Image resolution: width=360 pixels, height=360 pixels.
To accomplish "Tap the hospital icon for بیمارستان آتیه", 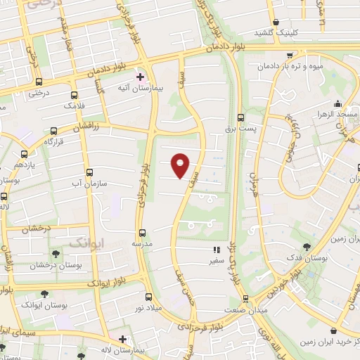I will (x=140, y=77).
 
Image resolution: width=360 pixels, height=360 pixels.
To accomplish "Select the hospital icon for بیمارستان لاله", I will (x=122, y=339).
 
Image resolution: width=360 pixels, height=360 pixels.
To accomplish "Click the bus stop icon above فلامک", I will (x=74, y=94).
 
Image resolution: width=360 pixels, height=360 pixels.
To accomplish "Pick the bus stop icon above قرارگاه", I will (x=54, y=130).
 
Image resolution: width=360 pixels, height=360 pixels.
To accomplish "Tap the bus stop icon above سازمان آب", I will (x=89, y=172).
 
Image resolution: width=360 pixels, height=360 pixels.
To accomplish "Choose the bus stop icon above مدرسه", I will (x=142, y=232).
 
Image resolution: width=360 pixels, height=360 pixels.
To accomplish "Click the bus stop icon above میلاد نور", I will (x=148, y=297).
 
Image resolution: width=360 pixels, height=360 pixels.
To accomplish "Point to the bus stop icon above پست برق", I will (x=241, y=118).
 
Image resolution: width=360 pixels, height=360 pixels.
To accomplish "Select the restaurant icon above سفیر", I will (x=217, y=250).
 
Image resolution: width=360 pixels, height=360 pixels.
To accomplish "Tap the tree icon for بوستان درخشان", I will (x=56, y=255).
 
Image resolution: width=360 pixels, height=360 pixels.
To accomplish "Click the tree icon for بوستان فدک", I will (x=307, y=247).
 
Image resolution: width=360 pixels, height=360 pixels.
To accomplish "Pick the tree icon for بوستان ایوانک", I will (x=44, y=295).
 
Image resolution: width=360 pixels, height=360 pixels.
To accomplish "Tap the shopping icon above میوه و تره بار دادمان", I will (x=290, y=55).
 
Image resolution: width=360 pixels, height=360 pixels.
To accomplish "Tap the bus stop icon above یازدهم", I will (x=25, y=154).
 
